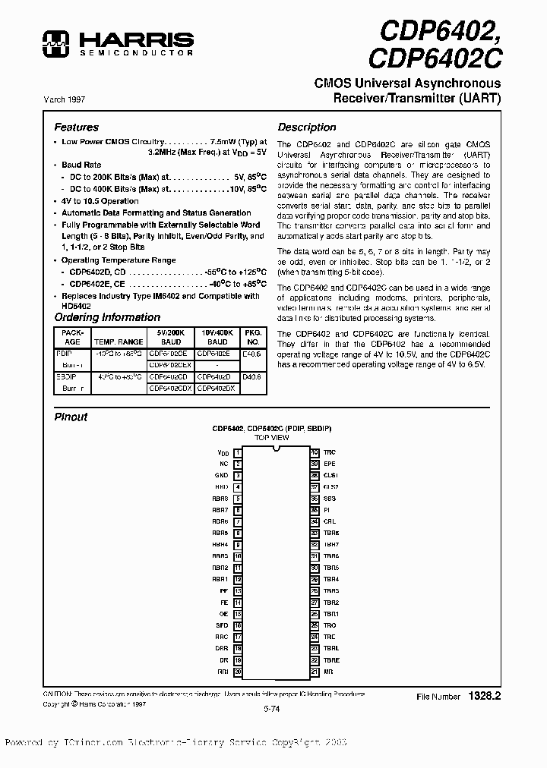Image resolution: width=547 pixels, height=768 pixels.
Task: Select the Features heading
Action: [76, 127]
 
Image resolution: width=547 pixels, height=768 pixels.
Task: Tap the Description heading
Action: [306, 127]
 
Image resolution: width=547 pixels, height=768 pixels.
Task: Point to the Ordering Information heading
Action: [96, 317]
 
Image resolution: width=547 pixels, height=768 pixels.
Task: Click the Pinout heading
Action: [71, 417]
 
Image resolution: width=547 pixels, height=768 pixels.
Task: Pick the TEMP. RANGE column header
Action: [119, 342]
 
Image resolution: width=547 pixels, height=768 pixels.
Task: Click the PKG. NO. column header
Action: [252, 337]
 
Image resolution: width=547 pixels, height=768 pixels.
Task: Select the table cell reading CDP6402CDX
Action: [170, 388]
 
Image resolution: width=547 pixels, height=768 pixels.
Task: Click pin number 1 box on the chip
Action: [238, 452]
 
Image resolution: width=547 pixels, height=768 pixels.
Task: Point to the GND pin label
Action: [221, 475]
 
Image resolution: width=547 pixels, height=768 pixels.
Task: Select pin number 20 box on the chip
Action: [238, 672]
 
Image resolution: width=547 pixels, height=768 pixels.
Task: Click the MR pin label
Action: [327, 672]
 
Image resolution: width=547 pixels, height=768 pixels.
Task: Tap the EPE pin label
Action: [329, 464]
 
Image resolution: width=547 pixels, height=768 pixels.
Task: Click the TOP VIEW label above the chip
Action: [271, 438]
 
